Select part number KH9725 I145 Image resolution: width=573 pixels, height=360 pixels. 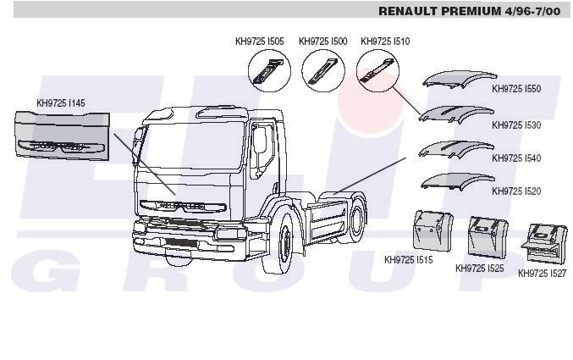(60, 103)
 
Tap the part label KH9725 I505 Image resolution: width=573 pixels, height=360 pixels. (259, 41)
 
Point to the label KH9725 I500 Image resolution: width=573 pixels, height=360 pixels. (322, 41)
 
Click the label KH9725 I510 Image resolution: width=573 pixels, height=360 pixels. (385, 41)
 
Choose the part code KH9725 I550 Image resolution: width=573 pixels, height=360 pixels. (515, 88)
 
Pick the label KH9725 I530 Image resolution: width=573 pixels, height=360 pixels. (515, 125)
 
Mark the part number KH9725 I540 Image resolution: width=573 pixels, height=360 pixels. (515, 158)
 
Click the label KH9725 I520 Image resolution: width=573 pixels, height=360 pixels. (515, 191)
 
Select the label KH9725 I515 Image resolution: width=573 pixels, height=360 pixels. (408, 260)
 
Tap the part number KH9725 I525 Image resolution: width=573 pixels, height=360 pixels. (479, 269)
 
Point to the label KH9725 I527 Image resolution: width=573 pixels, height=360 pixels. (542, 274)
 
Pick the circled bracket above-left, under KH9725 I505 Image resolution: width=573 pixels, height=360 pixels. (268, 69)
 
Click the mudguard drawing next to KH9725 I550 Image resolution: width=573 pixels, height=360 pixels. (457, 80)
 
